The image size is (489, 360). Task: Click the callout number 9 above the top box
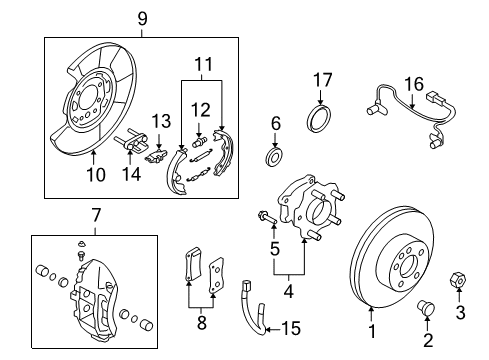(141, 18)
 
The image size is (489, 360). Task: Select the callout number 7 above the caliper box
(96, 215)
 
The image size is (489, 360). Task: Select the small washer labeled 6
(273, 157)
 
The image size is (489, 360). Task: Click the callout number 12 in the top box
(201, 108)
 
